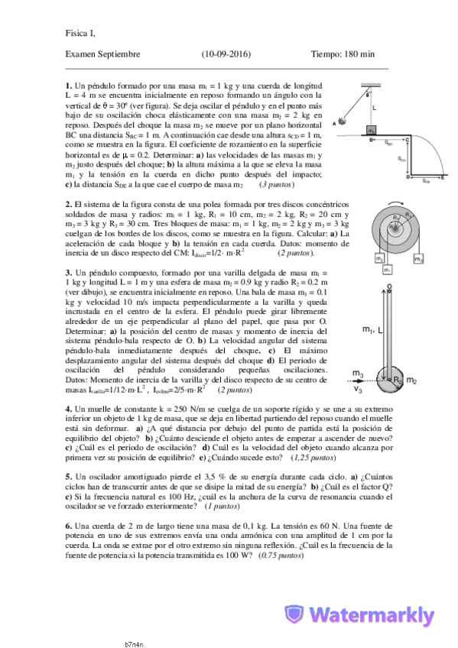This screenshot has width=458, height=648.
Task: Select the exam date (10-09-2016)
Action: click(x=227, y=54)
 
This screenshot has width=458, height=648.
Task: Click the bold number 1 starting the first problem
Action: click(x=68, y=86)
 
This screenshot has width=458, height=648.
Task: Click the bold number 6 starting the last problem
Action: click(x=68, y=525)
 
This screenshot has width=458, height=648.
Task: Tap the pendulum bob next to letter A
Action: click(x=342, y=121)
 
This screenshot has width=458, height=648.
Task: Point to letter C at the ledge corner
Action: click(x=408, y=140)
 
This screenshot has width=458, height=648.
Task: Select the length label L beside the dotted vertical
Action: click(x=375, y=109)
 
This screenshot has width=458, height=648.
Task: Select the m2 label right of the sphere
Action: click(x=411, y=380)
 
